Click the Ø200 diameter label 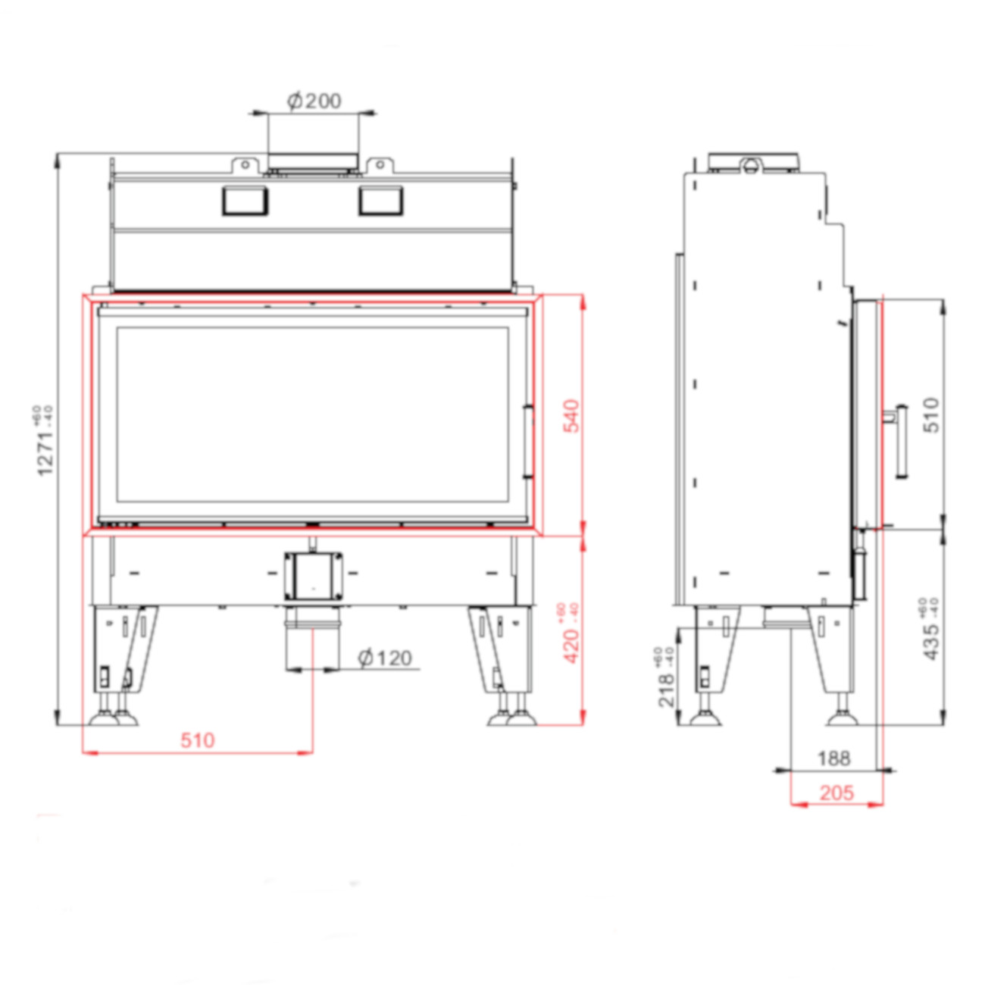pos(314,101)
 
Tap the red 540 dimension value pos(571,416)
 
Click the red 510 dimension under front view pos(197,740)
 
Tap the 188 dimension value pos(833,758)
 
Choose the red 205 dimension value pos(836,793)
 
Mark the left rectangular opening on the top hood pos(245,201)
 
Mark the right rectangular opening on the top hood pos(380,201)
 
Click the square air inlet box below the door pos(313,576)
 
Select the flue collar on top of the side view pos(752,162)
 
